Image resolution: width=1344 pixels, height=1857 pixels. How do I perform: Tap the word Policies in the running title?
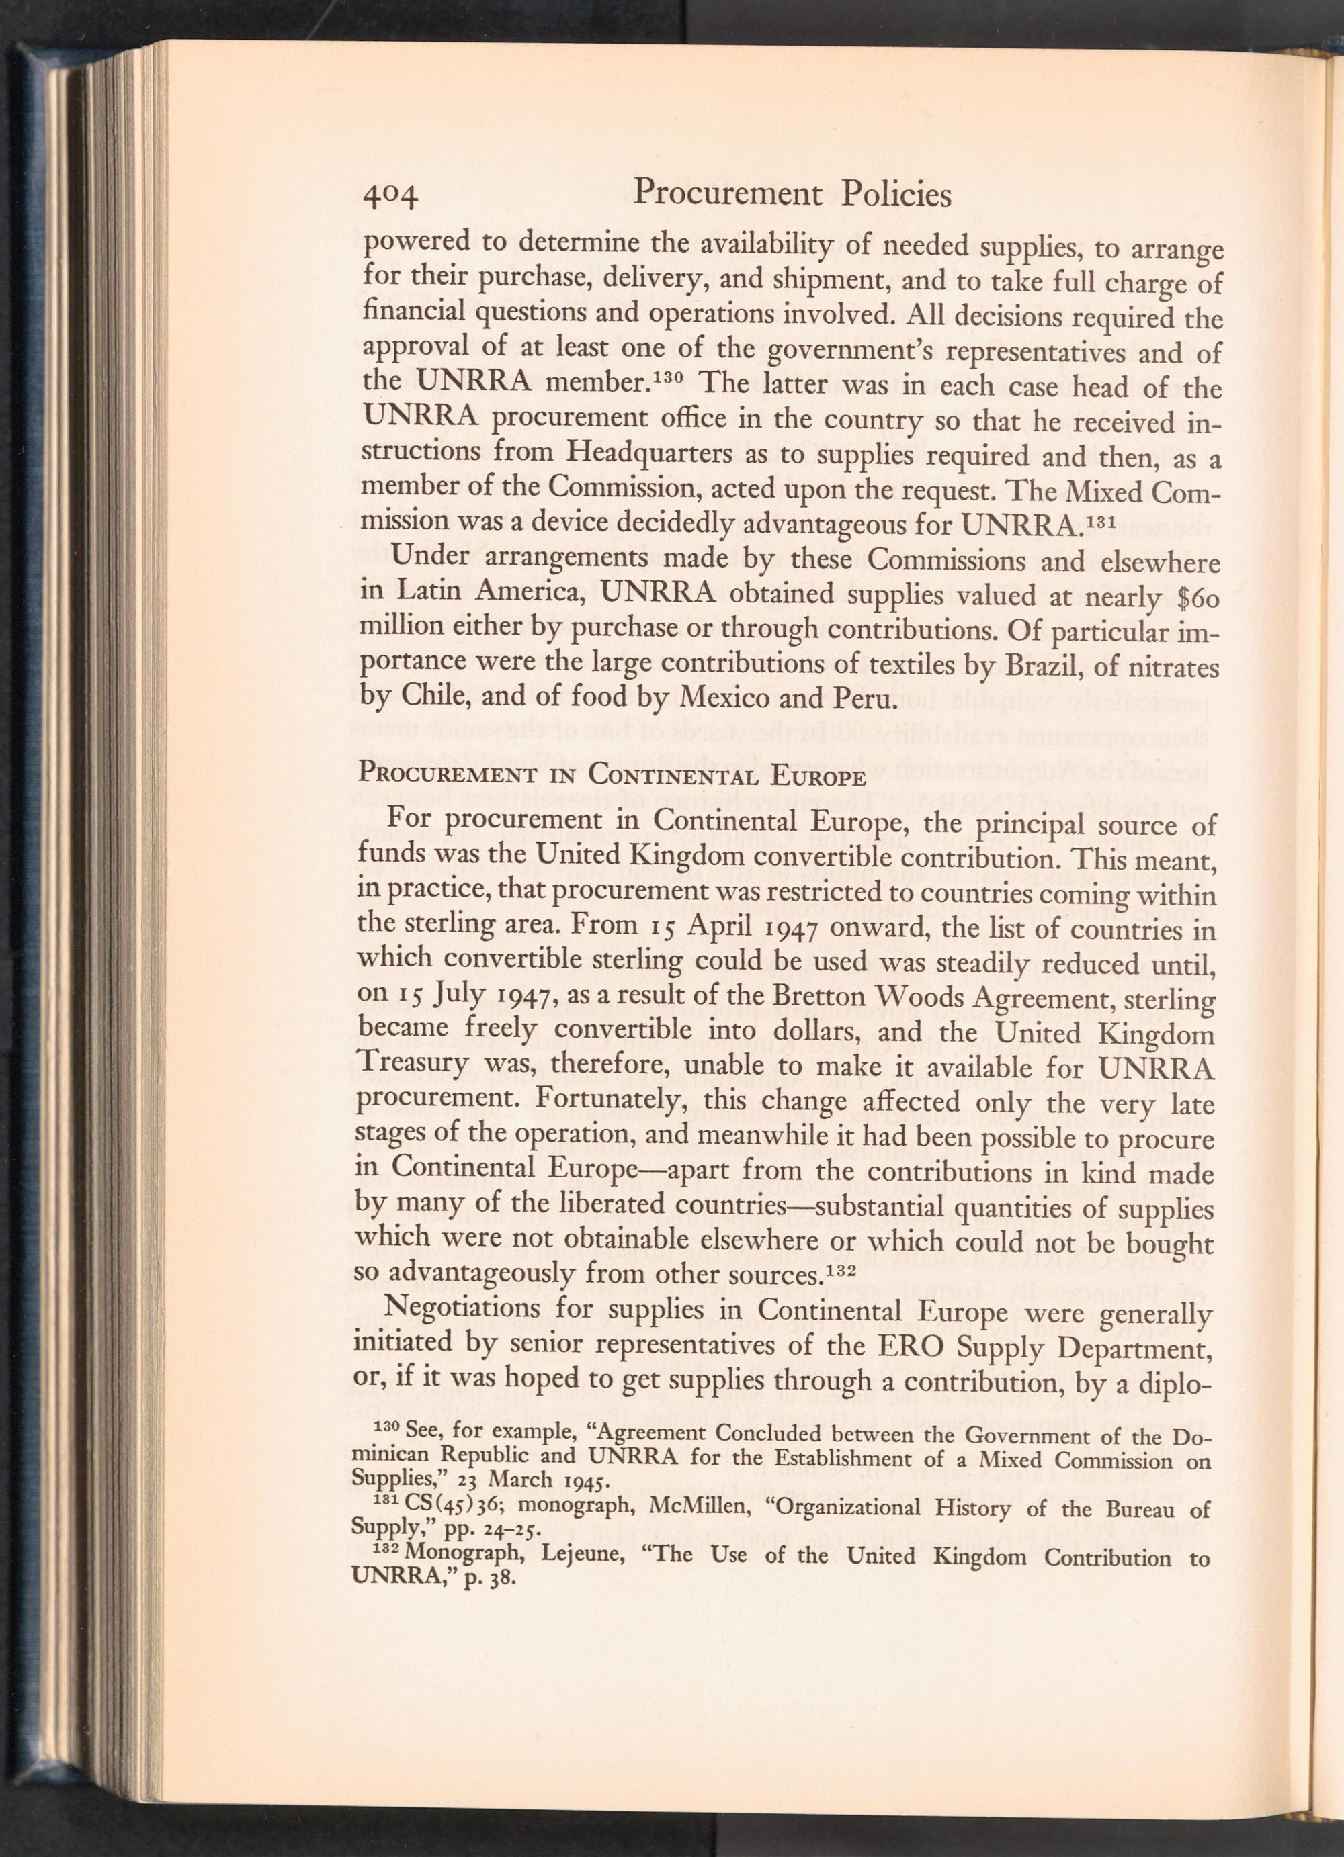click(896, 194)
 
